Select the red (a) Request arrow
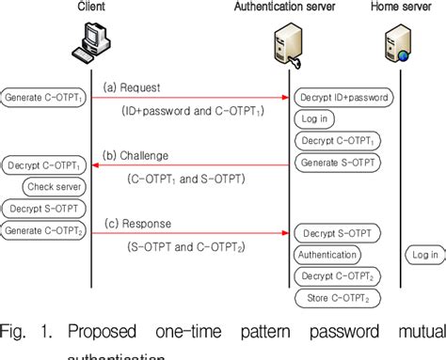pyautogui.click(x=188, y=97)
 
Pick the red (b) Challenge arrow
pyautogui.click(x=188, y=165)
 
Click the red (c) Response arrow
pyautogui.click(x=188, y=232)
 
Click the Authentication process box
pyautogui.click(x=327, y=254)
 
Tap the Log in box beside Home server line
pyautogui.click(x=424, y=254)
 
